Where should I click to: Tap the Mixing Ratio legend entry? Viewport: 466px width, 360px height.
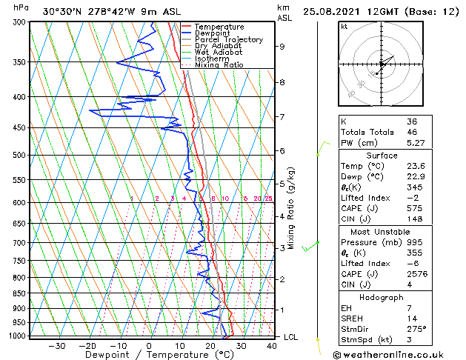click(219, 65)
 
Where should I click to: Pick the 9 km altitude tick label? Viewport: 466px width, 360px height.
click(282, 47)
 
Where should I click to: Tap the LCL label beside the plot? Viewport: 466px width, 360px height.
click(292, 337)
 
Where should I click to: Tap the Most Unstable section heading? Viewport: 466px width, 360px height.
click(382, 231)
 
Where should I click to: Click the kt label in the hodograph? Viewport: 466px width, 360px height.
click(344, 27)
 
